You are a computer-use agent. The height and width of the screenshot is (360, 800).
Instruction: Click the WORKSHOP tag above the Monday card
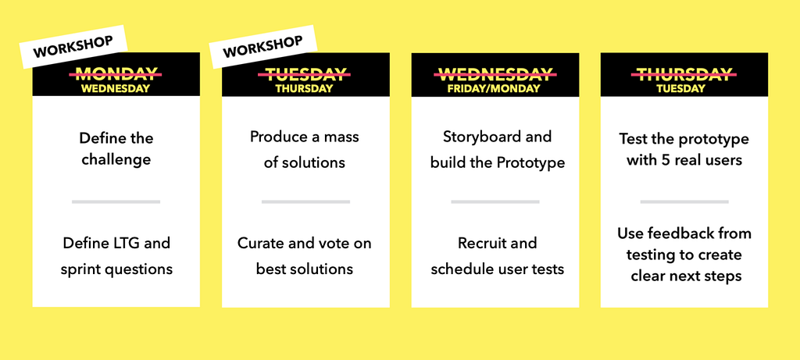click(x=73, y=47)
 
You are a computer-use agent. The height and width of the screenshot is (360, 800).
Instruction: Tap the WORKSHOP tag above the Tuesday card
click(x=262, y=47)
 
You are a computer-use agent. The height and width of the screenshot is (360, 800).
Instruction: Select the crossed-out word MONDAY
click(x=116, y=74)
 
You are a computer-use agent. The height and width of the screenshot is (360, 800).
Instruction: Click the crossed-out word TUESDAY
click(x=304, y=74)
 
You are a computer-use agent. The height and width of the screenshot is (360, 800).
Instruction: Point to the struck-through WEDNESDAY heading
click(x=495, y=74)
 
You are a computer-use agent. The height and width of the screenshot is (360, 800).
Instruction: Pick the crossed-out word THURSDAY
click(x=684, y=74)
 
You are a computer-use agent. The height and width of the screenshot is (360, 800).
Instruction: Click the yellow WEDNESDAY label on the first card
click(x=116, y=88)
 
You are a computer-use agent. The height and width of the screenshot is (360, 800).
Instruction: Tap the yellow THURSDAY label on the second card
click(x=304, y=88)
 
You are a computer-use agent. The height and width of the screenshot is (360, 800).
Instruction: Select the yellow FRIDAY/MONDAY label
click(x=494, y=88)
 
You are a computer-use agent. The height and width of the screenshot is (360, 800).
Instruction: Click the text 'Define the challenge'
click(x=116, y=148)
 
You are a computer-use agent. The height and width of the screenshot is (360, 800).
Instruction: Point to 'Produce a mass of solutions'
click(x=305, y=149)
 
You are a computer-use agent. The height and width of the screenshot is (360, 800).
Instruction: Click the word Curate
click(x=259, y=243)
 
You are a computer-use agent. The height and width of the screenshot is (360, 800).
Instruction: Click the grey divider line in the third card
click(x=495, y=202)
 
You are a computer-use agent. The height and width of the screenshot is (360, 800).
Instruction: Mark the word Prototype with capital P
click(x=531, y=164)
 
